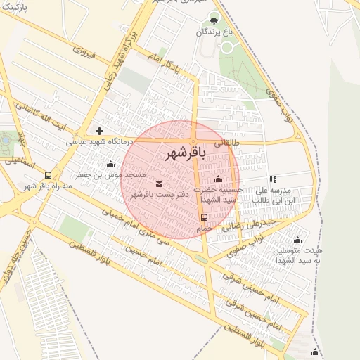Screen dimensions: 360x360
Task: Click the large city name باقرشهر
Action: click(x=186, y=154)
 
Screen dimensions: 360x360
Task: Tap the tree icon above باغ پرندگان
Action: click(x=214, y=19)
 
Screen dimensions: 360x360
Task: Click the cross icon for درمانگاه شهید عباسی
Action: click(x=100, y=131)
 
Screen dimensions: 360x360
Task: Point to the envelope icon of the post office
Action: click(x=158, y=184)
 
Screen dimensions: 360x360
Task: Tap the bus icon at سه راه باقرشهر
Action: click(x=48, y=175)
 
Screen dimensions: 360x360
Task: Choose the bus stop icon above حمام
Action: click(x=204, y=217)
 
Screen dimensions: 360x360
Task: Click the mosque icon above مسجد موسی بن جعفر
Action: click(x=110, y=164)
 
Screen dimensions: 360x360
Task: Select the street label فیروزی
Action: click(x=84, y=51)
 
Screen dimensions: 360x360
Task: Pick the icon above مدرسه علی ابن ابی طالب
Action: click(x=273, y=179)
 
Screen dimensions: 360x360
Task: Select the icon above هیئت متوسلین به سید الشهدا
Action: click(x=297, y=240)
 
